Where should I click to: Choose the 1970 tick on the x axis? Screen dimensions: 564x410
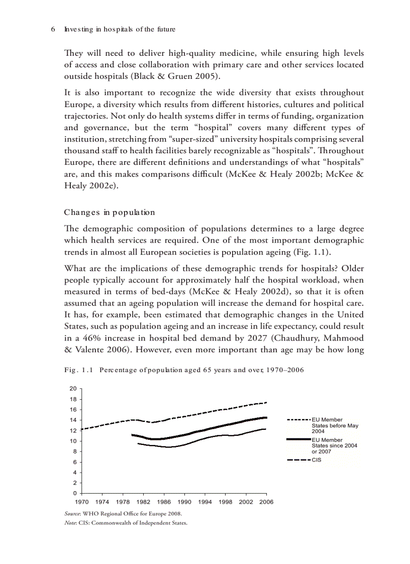[82, 502]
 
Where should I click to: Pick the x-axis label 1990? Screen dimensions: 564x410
[184, 502]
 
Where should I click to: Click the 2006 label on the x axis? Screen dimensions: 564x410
[266, 502]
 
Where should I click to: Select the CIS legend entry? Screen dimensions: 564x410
[316, 459]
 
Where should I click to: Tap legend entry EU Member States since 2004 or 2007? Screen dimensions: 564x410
[334, 445]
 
